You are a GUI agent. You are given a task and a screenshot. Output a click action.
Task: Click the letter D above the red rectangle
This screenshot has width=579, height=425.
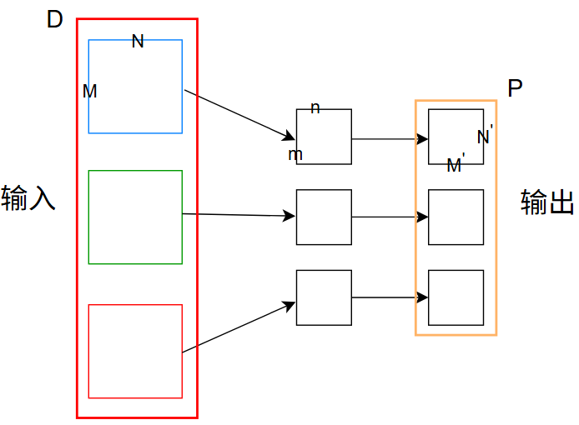[x=55, y=20]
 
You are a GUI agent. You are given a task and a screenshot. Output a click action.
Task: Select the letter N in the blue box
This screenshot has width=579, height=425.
[x=138, y=42]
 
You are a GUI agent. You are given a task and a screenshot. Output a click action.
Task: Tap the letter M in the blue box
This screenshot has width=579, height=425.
[x=90, y=92]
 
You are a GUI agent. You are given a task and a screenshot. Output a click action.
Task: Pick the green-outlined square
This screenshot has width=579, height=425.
[x=135, y=217]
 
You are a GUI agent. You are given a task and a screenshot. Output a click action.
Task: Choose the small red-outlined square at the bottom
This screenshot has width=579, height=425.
[x=135, y=351]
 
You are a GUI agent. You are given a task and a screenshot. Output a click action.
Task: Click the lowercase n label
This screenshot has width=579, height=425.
[x=315, y=108]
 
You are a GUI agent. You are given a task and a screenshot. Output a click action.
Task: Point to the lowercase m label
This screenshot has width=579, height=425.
[x=295, y=155]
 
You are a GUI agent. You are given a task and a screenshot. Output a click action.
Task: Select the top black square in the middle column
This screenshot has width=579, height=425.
[x=324, y=137]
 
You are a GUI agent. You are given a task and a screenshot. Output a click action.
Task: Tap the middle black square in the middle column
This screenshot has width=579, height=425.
[x=324, y=217]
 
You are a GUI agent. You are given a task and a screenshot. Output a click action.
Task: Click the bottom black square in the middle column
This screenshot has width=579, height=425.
[x=324, y=297]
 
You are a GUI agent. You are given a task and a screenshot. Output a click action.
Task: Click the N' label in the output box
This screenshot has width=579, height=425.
[x=486, y=136]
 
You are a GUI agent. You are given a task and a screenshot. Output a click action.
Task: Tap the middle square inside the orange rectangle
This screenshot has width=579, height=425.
[x=456, y=217]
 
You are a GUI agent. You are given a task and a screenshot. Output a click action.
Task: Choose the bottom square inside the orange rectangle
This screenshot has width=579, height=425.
[x=456, y=297]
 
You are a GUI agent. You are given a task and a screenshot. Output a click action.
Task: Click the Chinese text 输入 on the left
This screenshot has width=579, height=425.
[x=28, y=198]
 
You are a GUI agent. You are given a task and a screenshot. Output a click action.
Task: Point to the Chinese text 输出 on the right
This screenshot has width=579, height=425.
[x=548, y=202]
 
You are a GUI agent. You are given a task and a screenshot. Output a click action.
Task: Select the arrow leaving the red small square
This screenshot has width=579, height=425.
[x=239, y=327]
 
